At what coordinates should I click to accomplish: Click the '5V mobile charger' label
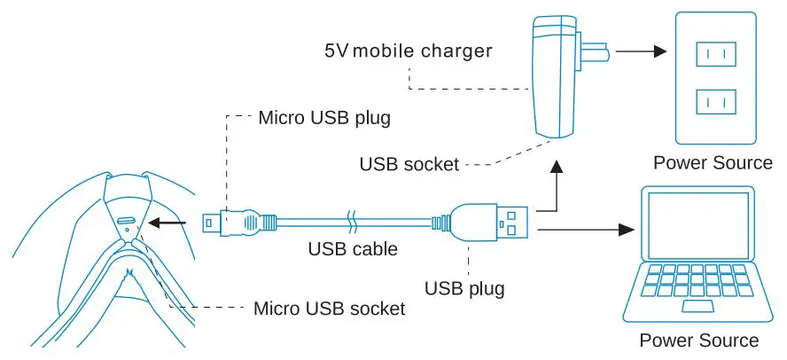point(408,50)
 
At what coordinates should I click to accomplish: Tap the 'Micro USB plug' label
point(323,117)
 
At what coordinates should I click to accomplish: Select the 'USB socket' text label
point(409,164)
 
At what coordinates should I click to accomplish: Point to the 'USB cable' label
point(353,249)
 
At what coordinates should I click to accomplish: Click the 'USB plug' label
point(464,288)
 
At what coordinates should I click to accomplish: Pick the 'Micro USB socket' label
point(329,309)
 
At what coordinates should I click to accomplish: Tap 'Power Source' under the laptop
point(699,340)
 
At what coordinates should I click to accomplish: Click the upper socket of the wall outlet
point(716,56)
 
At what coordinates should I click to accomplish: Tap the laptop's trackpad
point(699,307)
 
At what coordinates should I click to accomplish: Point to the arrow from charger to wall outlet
point(640,51)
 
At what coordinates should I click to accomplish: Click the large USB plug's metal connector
point(514,222)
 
